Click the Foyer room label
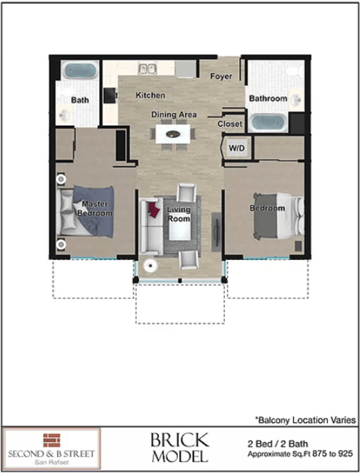pyautogui.click(x=220, y=76)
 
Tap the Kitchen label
pyautogui.click(x=150, y=95)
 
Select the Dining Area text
pyautogui.click(x=174, y=115)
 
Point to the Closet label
pyautogui.click(x=229, y=124)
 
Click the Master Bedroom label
pyautogui.click(x=94, y=208)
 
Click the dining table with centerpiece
pyautogui.click(x=174, y=136)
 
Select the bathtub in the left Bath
pyautogui.click(x=78, y=72)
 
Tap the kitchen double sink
pyautogui.click(x=147, y=69)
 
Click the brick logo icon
pyautogui.click(x=51, y=439)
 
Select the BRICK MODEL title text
pyautogui.click(x=179, y=448)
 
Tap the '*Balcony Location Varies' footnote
pyautogui.click(x=304, y=420)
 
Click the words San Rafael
pyautogui.click(x=51, y=461)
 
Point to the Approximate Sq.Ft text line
pyautogui.click(x=301, y=455)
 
